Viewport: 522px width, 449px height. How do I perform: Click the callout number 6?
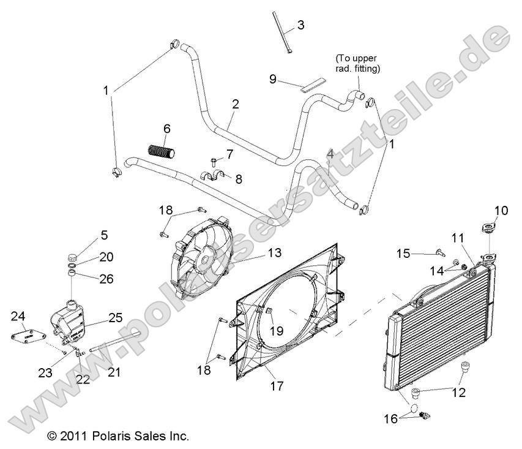(166, 129)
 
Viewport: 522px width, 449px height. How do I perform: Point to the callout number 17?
(277, 387)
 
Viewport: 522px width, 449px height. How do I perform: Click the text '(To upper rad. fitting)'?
(358, 63)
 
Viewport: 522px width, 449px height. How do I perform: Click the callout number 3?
(300, 25)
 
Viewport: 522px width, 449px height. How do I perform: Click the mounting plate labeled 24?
(27, 336)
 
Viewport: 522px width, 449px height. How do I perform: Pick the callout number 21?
(114, 371)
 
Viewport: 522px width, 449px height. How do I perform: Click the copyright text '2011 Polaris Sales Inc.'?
(118, 437)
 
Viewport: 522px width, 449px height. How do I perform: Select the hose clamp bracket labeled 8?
(214, 177)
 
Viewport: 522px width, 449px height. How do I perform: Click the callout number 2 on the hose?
(236, 105)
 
